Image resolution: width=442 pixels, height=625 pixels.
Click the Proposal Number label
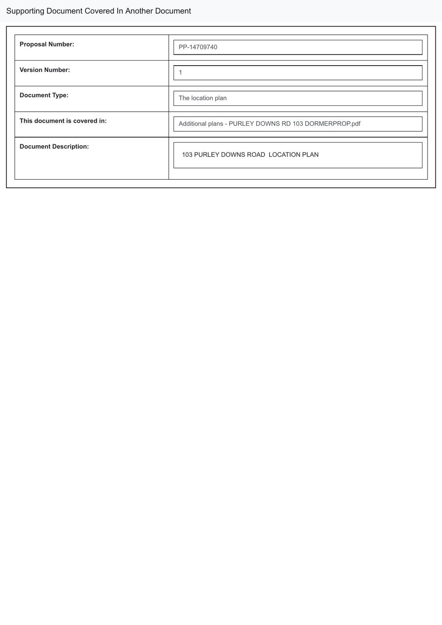47,45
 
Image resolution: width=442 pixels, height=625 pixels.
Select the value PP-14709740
198,47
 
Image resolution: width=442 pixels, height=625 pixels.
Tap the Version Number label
45,70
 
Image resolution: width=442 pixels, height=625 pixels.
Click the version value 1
181,73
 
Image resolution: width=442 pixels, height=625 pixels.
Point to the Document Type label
44,95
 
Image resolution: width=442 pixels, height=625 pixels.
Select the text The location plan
202,98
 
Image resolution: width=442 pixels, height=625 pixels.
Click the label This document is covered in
63,121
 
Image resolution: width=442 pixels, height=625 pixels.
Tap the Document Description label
54,146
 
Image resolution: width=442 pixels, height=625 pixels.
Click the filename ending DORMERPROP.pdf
332,124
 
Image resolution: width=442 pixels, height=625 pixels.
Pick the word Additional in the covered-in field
192,124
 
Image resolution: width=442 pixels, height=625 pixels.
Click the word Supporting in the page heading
25,11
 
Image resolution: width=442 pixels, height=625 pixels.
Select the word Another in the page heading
139,11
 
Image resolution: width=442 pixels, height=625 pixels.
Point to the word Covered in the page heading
99,11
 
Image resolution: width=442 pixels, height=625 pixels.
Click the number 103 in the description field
187,155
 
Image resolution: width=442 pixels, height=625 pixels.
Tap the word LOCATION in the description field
285,155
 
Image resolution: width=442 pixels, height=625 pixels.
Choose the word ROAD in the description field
256,155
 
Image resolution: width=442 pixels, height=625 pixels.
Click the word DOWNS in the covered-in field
268,124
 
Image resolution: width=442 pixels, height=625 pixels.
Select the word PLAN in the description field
310,155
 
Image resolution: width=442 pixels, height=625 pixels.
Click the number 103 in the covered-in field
298,124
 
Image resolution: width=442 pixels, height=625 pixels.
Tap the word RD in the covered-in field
286,124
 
